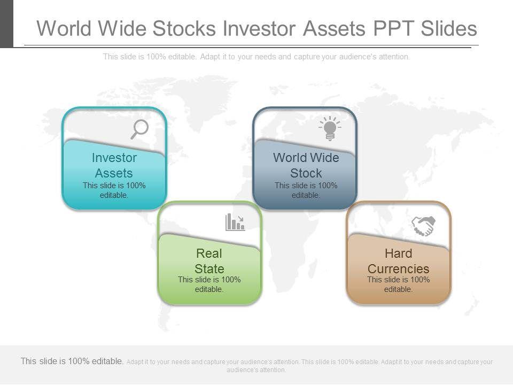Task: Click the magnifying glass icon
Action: pos(140,129)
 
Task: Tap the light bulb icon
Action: pos(330,128)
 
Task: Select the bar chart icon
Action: pos(235,222)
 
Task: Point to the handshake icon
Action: pos(423,226)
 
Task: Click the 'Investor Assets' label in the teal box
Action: pos(114,165)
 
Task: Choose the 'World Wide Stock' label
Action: pos(306,165)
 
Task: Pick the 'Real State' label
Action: pos(209,261)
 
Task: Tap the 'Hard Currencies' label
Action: pos(398,261)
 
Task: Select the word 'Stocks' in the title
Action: pos(184,28)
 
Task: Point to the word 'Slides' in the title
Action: pos(449,28)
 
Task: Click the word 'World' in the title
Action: pos(64,28)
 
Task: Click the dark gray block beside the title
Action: pos(6,24)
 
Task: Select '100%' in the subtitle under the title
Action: pos(156,57)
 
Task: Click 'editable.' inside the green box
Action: pos(209,289)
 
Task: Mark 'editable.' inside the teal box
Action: pos(114,195)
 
